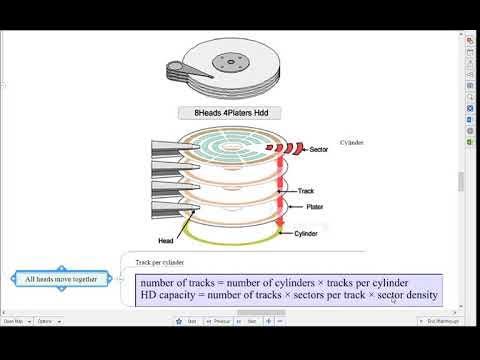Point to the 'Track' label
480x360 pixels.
click(x=306, y=191)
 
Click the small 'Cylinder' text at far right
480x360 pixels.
click(x=351, y=142)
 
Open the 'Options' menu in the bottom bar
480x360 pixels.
click(x=45, y=322)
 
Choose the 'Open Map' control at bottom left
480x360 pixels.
click(x=14, y=322)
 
